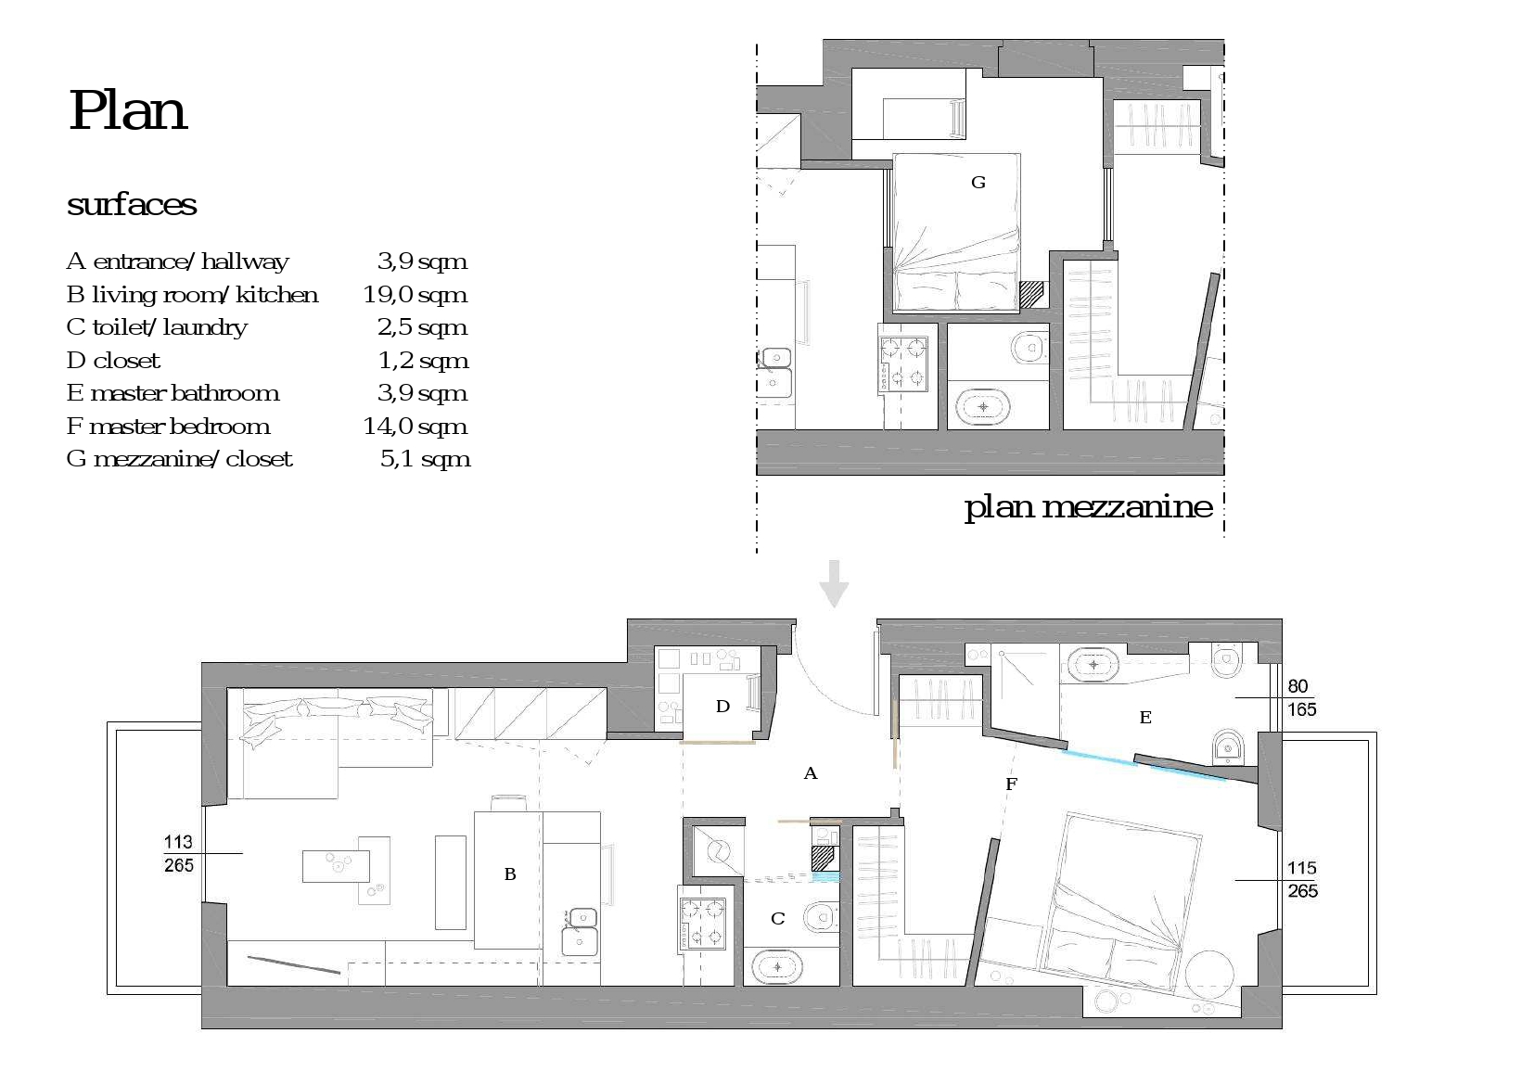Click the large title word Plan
click(127, 110)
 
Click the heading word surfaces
click(132, 204)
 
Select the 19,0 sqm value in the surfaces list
click(415, 295)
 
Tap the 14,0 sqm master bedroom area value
click(415, 426)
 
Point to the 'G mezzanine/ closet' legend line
click(179, 459)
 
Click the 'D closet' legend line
click(113, 360)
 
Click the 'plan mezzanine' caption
click(1088, 507)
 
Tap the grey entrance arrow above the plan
click(834, 583)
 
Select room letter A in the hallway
click(811, 773)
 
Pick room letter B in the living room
click(509, 874)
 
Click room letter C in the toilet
click(777, 918)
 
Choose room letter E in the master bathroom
click(1145, 717)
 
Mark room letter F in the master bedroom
click(1011, 784)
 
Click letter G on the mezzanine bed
click(978, 182)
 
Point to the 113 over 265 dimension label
click(179, 853)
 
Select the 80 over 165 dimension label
click(1301, 697)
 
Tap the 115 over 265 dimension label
click(1301, 880)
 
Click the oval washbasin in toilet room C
click(777, 967)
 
